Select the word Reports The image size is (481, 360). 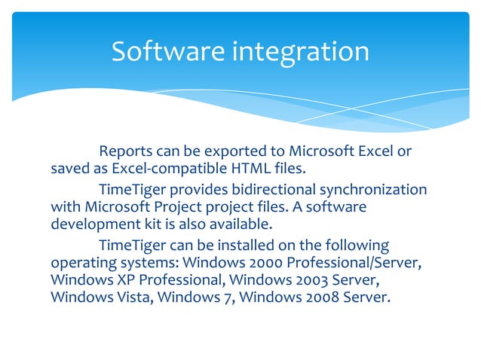(127, 151)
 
